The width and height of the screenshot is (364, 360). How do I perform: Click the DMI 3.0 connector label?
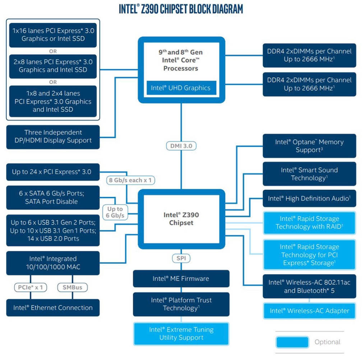tap(181, 146)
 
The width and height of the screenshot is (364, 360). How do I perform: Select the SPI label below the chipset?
tap(181, 258)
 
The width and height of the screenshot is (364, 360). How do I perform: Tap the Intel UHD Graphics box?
tap(181, 88)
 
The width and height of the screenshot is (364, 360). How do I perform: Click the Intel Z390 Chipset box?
tap(181, 219)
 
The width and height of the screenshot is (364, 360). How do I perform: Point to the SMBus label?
tap(72, 287)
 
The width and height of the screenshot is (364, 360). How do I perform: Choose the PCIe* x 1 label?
tap(31, 287)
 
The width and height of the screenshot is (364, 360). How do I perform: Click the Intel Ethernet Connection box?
tap(53, 308)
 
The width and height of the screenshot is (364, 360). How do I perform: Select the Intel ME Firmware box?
tap(181, 279)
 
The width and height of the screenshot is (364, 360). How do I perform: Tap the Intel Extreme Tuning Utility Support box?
tap(181, 333)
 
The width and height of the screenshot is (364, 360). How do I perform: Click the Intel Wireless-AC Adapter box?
tap(309, 311)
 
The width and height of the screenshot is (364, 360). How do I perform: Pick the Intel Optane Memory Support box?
tap(309, 146)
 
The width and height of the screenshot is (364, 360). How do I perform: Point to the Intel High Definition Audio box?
tap(309, 198)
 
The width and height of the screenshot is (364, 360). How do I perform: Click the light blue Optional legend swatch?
tap(292, 342)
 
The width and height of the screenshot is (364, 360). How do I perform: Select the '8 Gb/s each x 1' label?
tap(130, 180)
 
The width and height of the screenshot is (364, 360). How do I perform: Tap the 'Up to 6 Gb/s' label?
tap(115, 212)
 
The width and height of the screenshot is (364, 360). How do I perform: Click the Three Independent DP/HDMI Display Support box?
tap(53, 136)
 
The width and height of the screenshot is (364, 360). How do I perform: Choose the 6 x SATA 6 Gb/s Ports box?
tap(53, 197)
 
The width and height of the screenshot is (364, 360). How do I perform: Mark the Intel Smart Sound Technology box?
tap(309, 174)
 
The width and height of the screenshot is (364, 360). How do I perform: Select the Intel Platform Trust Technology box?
tap(181, 304)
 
